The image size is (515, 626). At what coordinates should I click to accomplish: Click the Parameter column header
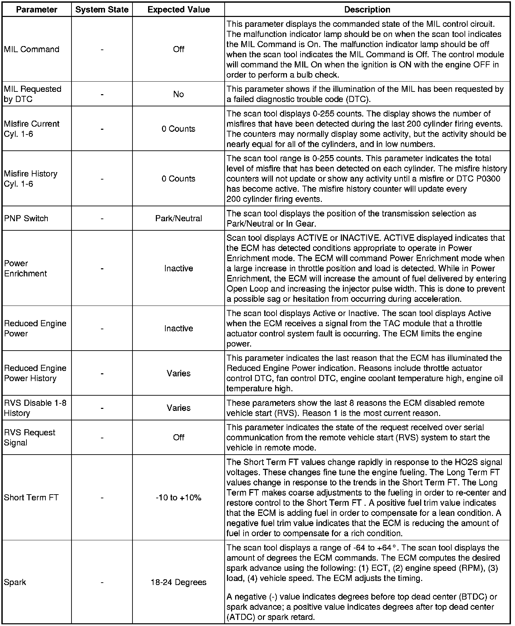point(37,9)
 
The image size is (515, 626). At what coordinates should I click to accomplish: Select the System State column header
point(102,9)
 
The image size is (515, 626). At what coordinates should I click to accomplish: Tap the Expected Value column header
point(179,9)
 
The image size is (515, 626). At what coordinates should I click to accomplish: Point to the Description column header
point(367,9)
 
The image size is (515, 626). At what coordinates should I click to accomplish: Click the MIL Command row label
point(32,49)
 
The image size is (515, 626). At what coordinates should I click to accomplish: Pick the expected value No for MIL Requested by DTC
point(179,94)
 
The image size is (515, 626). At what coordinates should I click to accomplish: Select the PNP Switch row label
point(26,218)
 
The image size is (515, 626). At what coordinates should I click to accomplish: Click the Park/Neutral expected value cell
point(179,218)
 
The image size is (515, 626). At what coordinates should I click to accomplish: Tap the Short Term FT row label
point(31,498)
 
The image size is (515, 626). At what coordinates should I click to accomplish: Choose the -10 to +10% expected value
point(179,498)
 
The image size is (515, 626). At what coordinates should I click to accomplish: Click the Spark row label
point(15,582)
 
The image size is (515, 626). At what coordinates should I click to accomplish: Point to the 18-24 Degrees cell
point(179,582)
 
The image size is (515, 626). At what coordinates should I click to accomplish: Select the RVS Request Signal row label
point(29,438)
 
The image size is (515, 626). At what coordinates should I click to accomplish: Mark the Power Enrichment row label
point(25,269)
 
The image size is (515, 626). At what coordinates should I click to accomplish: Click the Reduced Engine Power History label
point(35,373)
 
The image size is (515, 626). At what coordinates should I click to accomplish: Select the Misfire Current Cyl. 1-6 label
point(32,129)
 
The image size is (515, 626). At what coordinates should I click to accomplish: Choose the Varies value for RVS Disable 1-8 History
point(179,408)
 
